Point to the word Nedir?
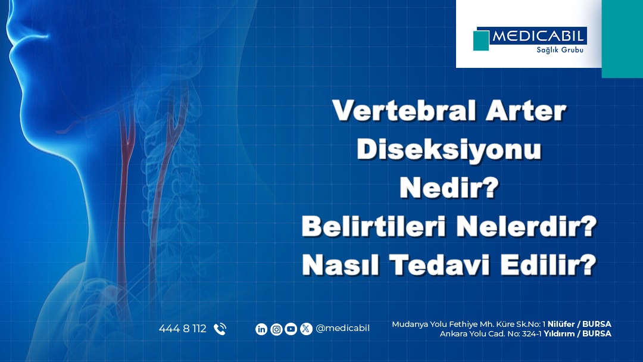pos(449,188)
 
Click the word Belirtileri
pos(373,226)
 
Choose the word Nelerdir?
pos(526,226)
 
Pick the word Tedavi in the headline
pos(439,264)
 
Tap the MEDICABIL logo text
pos(538,36)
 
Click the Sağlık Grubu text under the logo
pos(560,50)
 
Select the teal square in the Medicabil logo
pos(481,40)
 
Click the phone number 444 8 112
pos(183,329)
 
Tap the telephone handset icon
pos(220,329)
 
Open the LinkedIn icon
pos(261,329)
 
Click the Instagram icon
pos(276,329)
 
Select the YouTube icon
pos(291,329)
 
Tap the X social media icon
pos(306,329)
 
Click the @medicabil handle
pos(343,329)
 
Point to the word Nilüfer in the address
pos(561,324)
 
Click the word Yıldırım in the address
pos(559,333)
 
